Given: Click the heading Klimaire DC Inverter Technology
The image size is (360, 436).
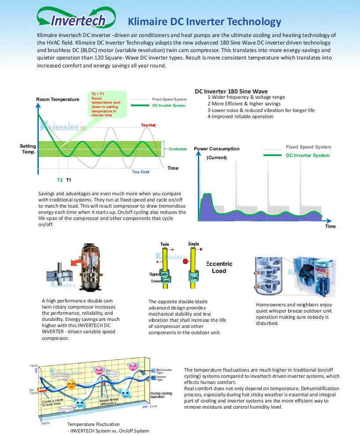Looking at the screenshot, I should click(x=204, y=22).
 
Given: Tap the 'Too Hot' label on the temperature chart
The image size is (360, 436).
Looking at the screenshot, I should click(x=148, y=125).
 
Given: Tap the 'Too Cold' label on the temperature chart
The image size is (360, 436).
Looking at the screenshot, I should click(x=141, y=172).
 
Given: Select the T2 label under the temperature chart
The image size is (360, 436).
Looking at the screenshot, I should click(x=59, y=180).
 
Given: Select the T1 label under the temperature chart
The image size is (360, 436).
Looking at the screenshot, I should click(x=69, y=180).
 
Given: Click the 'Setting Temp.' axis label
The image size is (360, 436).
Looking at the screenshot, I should click(x=28, y=149).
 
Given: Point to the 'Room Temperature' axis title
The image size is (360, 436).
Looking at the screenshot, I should click(x=58, y=99).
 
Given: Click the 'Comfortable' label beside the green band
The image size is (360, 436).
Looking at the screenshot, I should click(x=178, y=149).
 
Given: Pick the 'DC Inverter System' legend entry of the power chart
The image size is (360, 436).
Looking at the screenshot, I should click(x=307, y=155).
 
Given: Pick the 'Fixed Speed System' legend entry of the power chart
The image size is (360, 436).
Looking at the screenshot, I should click(x=308, y=147).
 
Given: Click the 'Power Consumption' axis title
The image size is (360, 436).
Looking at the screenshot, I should click(x=217, y=149).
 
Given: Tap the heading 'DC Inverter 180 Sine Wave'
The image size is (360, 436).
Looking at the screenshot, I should click(x=231, y=92).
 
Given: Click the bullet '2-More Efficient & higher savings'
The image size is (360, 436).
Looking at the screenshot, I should click(x=244, y=104).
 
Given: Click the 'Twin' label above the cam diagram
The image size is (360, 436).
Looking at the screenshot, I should click(x=164, y=244).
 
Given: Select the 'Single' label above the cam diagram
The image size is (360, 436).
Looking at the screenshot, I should click(x=193, y=244).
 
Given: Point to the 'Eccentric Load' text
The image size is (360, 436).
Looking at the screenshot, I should click(x=219, y=267).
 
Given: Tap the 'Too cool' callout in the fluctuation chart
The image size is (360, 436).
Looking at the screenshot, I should click(x=66, y=409).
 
